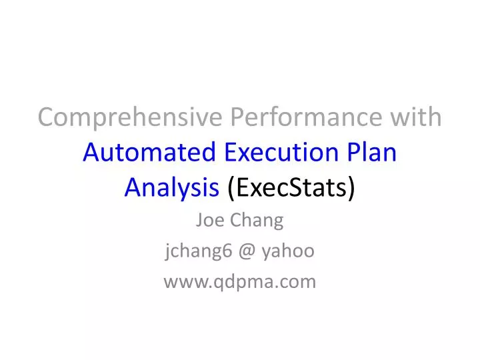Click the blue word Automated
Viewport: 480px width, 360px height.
(x=148, y=153)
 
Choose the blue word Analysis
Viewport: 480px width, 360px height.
(x=172, y=189)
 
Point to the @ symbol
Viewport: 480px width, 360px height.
(x=240, y=251)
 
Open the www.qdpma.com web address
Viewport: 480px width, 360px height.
(x=240, y=283)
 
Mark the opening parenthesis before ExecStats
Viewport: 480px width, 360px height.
(x=231, y=189)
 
